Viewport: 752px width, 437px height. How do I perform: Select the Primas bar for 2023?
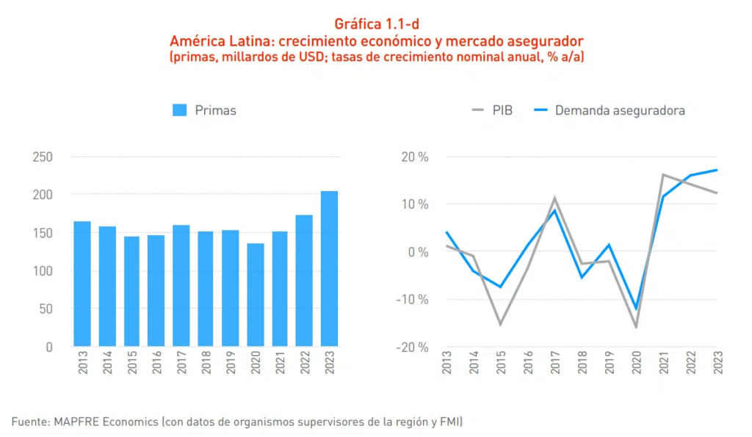[330, 268]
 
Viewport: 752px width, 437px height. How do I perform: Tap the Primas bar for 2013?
[82, 283]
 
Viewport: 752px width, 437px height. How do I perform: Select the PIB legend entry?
[491, 110]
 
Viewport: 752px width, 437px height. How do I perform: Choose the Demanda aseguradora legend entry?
[610, 110]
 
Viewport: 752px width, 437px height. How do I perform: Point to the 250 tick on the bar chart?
[43, 157]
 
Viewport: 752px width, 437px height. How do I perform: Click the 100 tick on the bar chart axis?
[43, 271]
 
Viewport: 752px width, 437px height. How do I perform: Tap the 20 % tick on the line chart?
[413, 157]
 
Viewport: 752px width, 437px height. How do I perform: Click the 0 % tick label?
[416, 252]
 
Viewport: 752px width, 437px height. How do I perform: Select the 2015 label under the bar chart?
[132, 363]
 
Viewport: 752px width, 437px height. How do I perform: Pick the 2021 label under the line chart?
[663, 363]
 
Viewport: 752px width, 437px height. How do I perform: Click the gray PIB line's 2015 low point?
[501, 324]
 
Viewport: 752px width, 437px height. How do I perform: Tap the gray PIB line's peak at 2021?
[663, 175]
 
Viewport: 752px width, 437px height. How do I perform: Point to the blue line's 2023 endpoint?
[717, 170]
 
